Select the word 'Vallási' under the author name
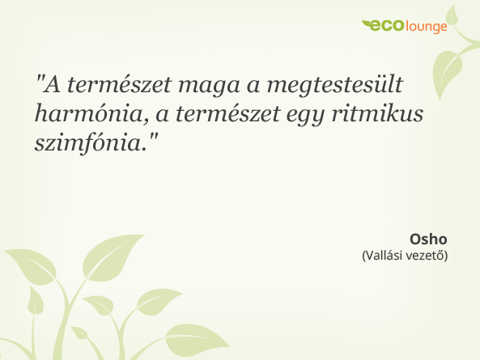[x=385, y=256]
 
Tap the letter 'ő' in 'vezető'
[x=440, y=256]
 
